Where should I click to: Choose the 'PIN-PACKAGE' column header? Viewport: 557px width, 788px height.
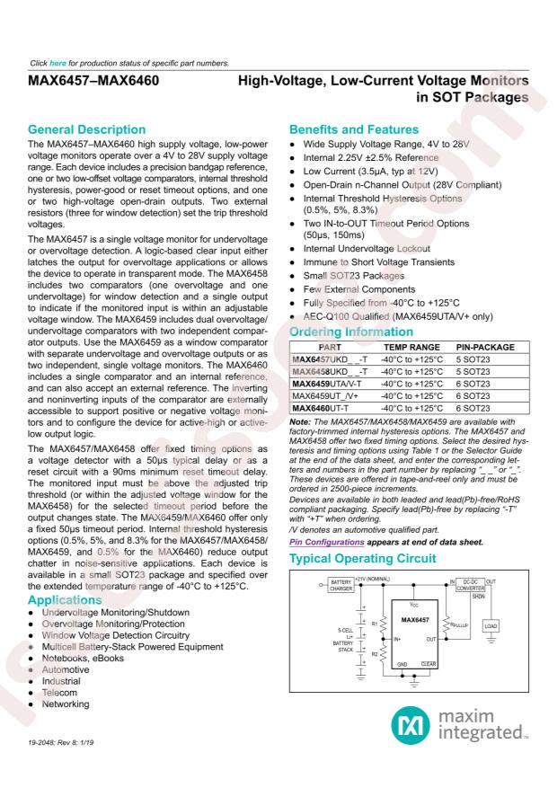coord(485,346)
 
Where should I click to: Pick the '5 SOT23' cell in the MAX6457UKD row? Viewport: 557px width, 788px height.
coord(476,359)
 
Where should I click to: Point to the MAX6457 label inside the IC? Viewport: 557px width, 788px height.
coord(414,595)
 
